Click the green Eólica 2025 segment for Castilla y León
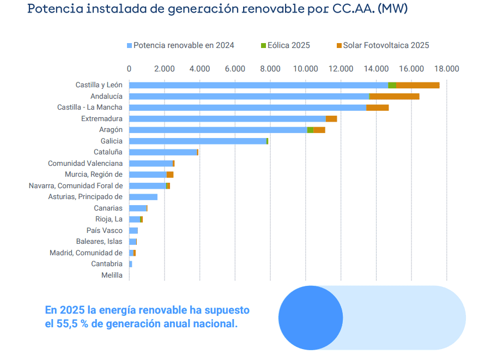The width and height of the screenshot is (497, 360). [392, 85]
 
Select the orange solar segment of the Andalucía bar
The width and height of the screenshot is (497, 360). [394, 97]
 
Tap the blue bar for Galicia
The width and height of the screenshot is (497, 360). [198, 141]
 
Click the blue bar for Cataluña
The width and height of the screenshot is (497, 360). [163, 152]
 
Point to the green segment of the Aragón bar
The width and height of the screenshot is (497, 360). [310, 130]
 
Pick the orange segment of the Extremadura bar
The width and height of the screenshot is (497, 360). [331, 119]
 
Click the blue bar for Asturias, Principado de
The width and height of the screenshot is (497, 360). [143, 197]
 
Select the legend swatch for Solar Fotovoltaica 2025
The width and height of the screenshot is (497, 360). [339, 46]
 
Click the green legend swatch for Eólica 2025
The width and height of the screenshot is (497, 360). [264, 46]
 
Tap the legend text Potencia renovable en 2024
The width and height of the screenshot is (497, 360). [184, 45]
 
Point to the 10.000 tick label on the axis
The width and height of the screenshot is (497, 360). [305, 69]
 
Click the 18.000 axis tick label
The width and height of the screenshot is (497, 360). [446, 69]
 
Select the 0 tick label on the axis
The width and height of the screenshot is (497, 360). [129, 69]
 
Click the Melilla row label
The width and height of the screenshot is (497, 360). [112, 275]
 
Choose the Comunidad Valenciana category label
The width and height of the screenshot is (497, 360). [85, 164]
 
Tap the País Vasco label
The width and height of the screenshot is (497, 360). [105, 231]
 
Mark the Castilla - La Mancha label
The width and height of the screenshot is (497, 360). [90, 107]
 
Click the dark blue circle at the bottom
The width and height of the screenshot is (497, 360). [311, 318]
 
